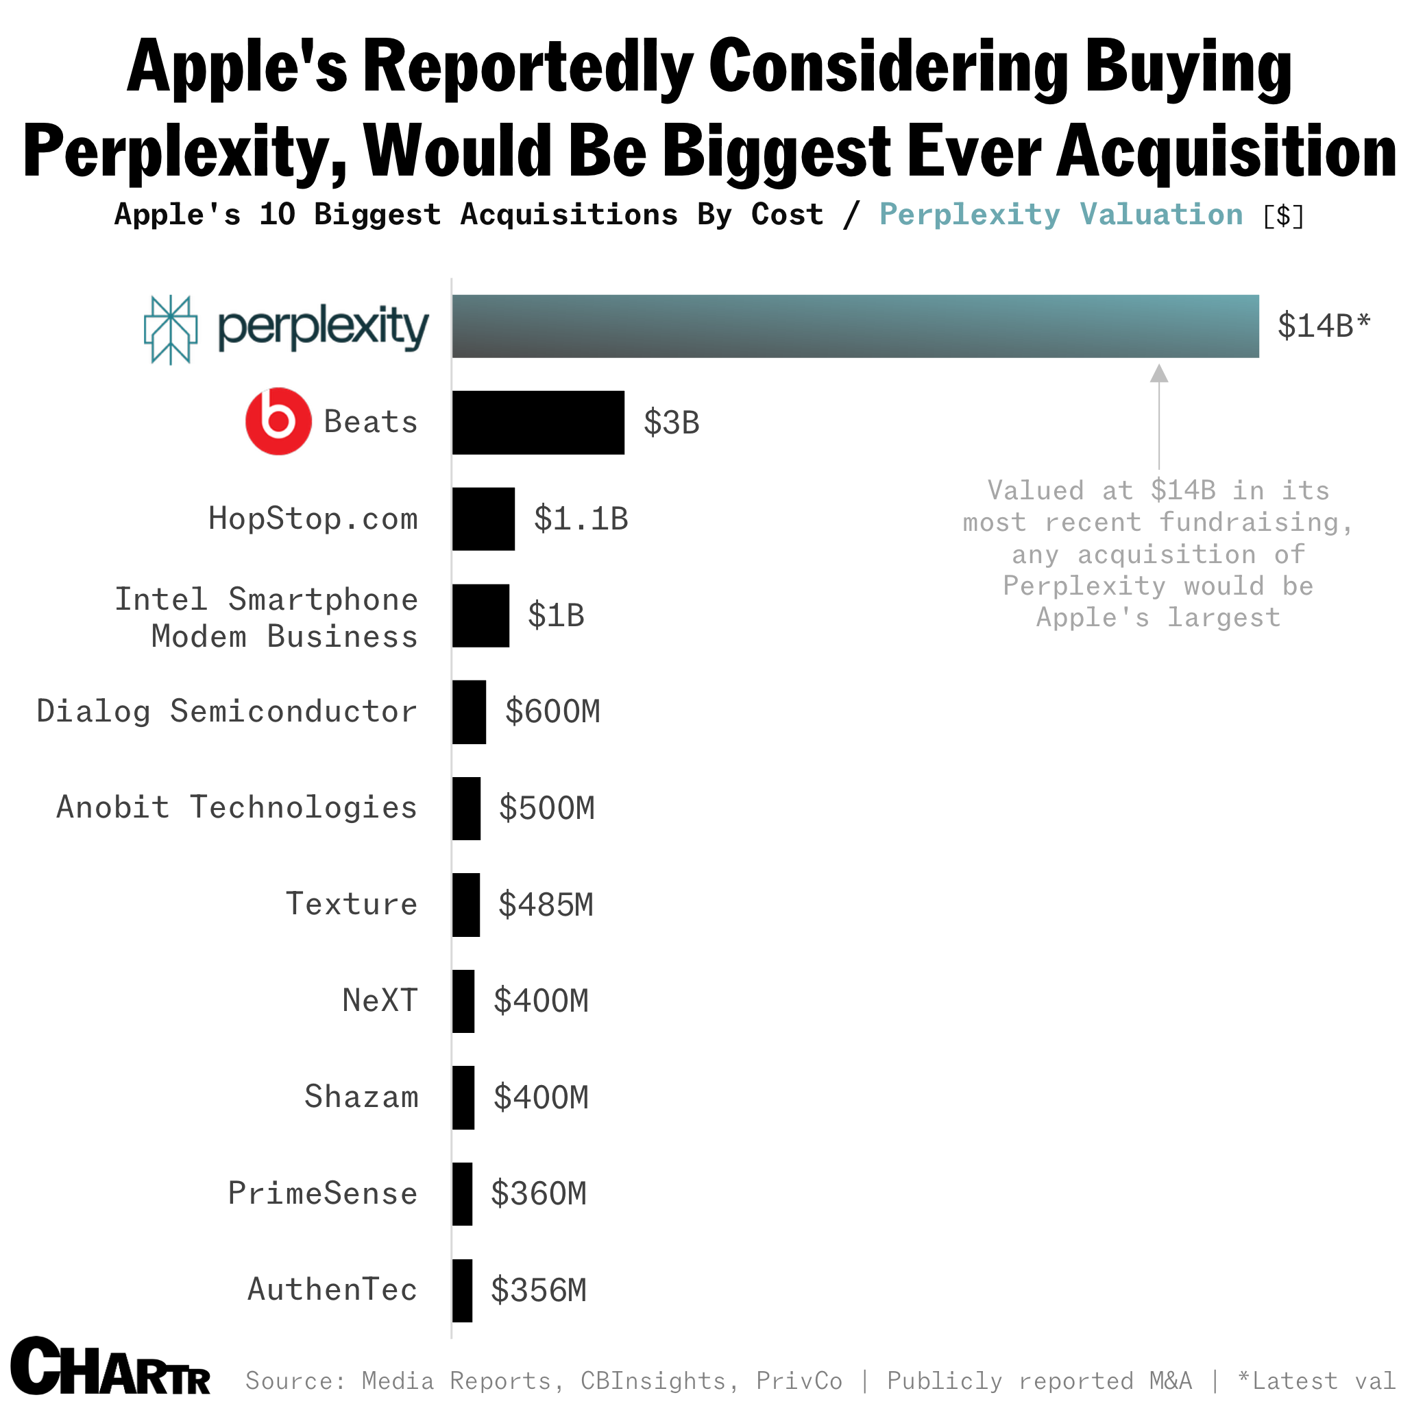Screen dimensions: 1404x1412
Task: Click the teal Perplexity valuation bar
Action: coord(855,326)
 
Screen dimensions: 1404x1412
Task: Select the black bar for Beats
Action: coord(538,423)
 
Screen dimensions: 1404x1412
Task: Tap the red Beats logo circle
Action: coord(278,421)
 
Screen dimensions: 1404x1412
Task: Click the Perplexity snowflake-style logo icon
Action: coord(170,329)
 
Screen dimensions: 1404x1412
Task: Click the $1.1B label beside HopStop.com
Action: coord(581,519)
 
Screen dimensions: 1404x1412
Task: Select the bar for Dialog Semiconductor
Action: coord(468,711)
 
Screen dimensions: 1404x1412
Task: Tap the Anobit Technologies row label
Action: coord(236,807)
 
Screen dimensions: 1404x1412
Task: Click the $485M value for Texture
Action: coord(545,905)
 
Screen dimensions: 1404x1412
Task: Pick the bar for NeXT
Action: coord(463,1001)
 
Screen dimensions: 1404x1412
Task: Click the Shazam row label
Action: coord(361,1097)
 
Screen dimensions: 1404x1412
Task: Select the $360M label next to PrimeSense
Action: coord(538,1193)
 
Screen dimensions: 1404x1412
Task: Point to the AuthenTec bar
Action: coord(462,1290)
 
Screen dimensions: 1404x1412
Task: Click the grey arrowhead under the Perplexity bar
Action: coord(1158,374)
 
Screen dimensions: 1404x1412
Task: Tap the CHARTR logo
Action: coord(110,1367)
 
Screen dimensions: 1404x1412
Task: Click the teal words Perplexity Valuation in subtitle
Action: coord(1060,214)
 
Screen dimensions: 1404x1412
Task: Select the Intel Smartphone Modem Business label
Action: coord(266,618)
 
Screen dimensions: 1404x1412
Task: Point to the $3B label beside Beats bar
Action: coord(671,423)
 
